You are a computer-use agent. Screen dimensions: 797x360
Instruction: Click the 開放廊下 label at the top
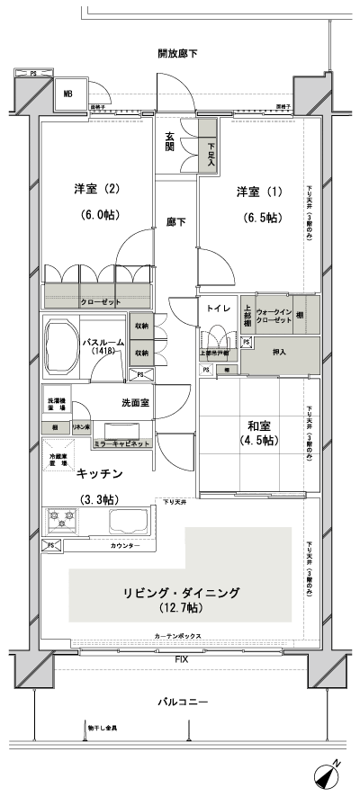click(177, 55)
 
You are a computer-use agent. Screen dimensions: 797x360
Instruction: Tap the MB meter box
click(67, 93)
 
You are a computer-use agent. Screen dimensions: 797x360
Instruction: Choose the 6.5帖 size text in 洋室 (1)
click(257, 217)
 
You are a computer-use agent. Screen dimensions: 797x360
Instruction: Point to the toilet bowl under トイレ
click(216, 342)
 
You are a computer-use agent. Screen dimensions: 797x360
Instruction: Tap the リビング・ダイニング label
click(182, 593)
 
